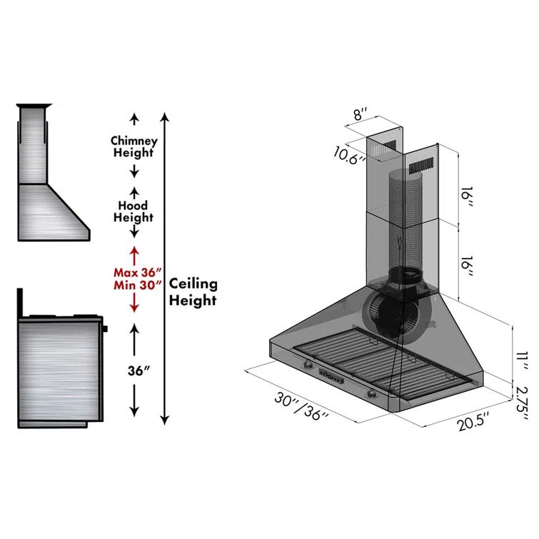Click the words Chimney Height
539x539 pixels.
click(x=133, y=146)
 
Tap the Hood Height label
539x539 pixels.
click(x=133, y=211)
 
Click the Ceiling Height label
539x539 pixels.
click(x=192, y=292)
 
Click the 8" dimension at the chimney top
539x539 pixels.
click(x=361, y=114)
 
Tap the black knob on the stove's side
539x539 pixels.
click(x=106, y=329)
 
